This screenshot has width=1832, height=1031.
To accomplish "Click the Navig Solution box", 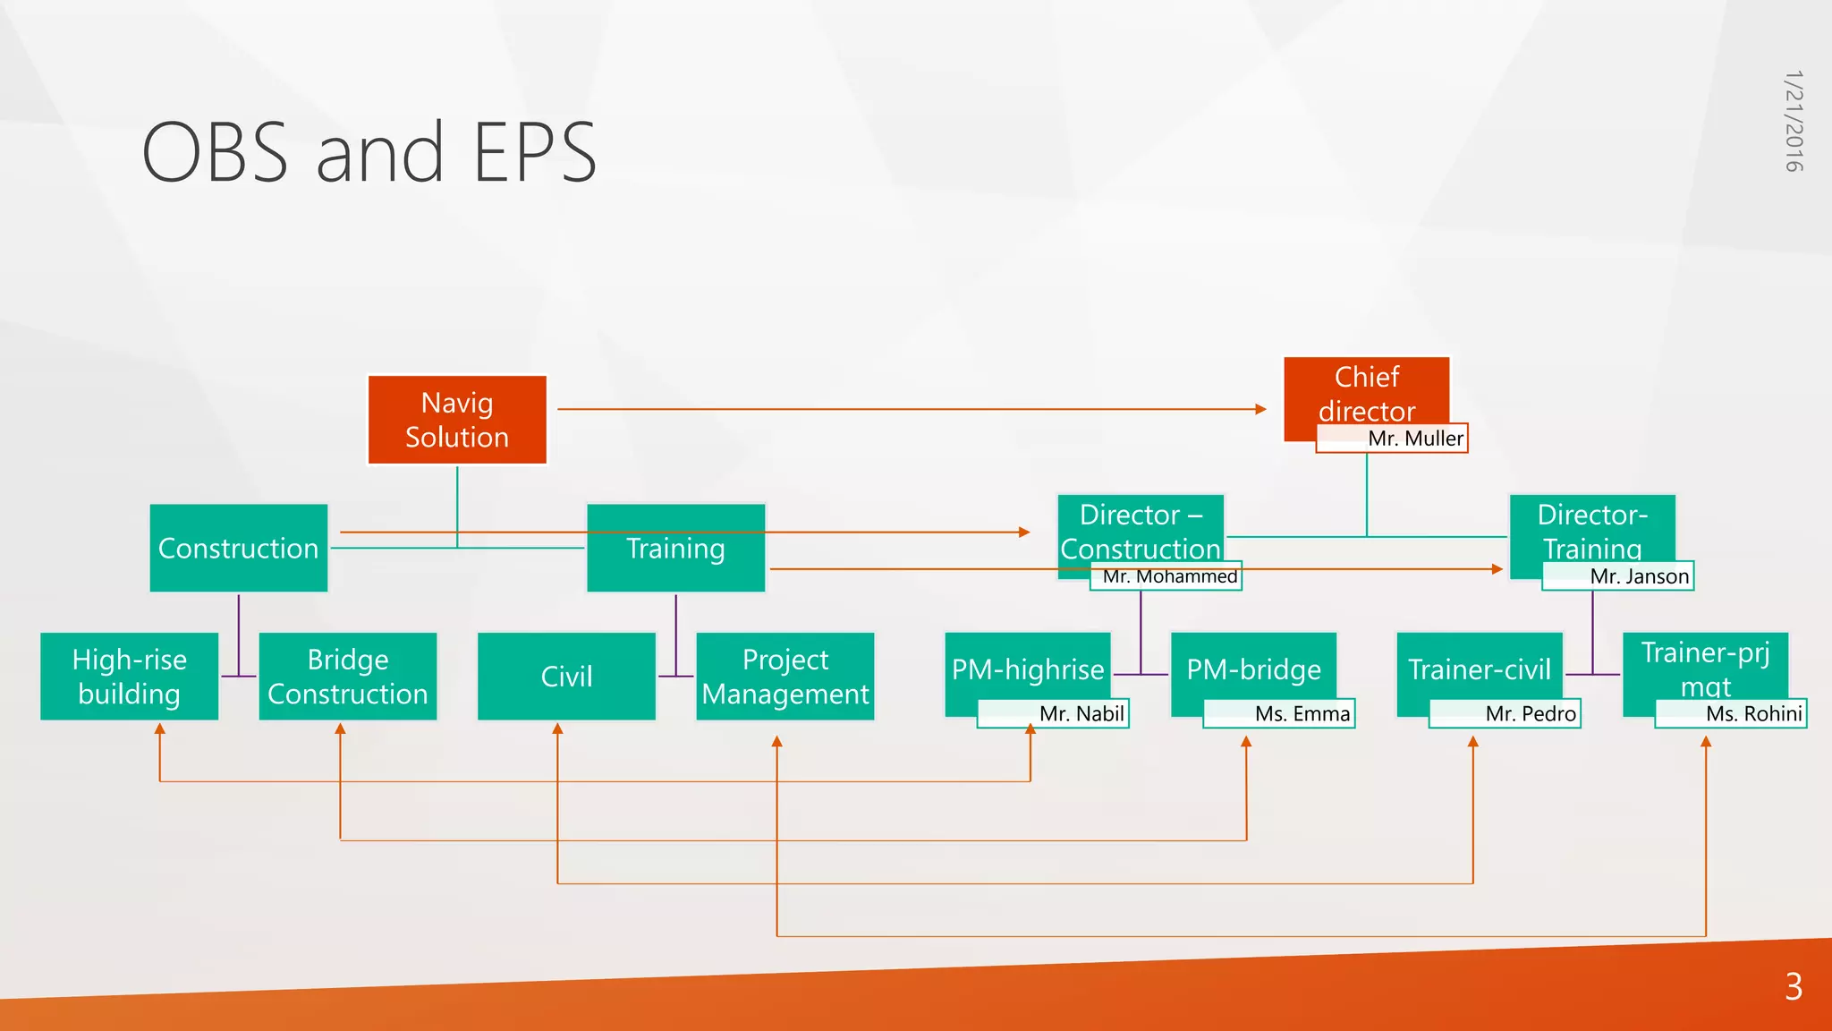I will click(457, 420).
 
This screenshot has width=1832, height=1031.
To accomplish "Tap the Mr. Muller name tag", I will click(1392, 439).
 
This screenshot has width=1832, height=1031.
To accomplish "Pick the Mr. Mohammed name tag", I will click(1166, 576).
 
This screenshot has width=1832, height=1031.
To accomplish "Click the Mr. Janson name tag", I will click(1618, 576).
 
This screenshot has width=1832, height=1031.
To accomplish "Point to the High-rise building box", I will click(130, 677).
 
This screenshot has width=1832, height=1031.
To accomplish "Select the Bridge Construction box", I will click(348, 677).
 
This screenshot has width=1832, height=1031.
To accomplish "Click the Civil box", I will click(566, 677).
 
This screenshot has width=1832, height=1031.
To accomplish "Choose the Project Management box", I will click(785, 677).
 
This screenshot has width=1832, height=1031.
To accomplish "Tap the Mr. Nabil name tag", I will click(1053, 713).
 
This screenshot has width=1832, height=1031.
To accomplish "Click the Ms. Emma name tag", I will click(1279, 713).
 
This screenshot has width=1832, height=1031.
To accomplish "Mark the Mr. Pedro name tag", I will click(1505, 713).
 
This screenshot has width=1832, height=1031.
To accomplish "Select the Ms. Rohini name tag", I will click(1731, 713).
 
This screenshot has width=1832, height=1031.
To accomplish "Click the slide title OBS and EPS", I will click(369, 152).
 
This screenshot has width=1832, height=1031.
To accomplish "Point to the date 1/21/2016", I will click(1794, 121).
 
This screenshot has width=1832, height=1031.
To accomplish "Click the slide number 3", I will click(1794, 986).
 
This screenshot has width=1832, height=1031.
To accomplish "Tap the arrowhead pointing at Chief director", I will click(1261, 409).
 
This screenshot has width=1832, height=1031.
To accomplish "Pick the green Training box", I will click(675, 548).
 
